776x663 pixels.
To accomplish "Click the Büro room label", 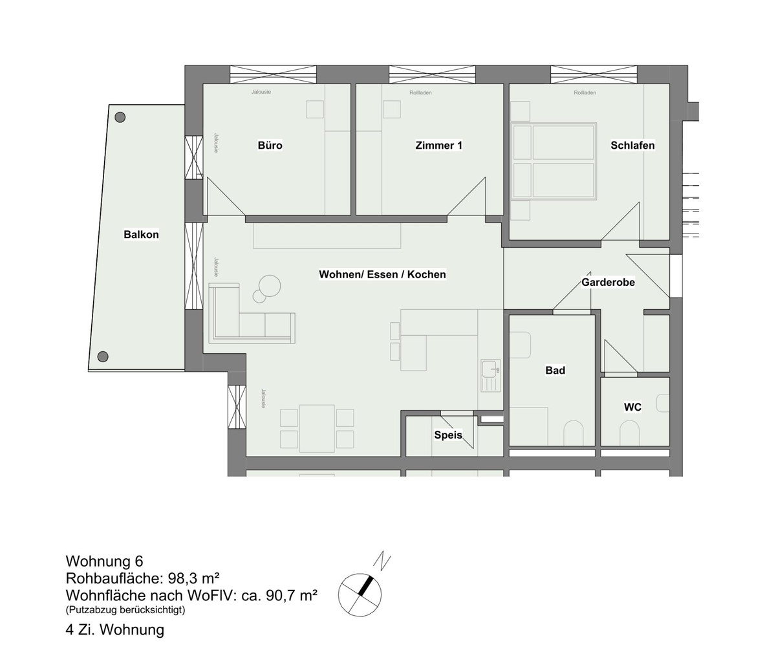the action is pyautogui.click(x=270, y=146).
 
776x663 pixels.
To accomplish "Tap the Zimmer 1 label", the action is pyautogui.click(x=438, y=146).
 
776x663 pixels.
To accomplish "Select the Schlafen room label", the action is pyautogui.click(x=632, y=146).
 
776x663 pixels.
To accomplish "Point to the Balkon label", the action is pyautogui.click(x=141, y=235).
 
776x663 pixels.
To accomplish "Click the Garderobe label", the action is pyautogui.click(x=608, y=282).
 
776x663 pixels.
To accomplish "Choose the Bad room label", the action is pyautogui.click(x=555, y=371).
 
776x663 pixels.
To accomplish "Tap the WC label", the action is pyautogui.click(x=632, y=407).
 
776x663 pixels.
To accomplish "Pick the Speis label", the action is pyautogui.click(x=448, y=435).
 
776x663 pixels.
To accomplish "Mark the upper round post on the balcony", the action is pyautogui.click(x=120, y=118).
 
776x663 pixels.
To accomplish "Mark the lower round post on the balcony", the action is pyautogui.click(x=103, y=356).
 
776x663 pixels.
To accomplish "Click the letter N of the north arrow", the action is pyautogui.click(x=382, y=561).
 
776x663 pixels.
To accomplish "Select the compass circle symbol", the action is pyautogui.click(x=360, y=595).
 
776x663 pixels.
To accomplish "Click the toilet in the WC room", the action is pyautogui.click(x=629, y=433).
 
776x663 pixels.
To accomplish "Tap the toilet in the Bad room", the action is pyautogui.click(x=574, y=433).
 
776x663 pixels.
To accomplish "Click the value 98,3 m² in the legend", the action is pyautogui.click(x=193, y=578).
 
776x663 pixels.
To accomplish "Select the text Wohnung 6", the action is pyautogui.click(x=104, y=561).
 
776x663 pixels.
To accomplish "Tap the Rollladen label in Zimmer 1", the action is pyautogui.click(x=420, y=92).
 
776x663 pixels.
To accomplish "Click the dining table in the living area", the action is pyautogui.click(x=317, y=428).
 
